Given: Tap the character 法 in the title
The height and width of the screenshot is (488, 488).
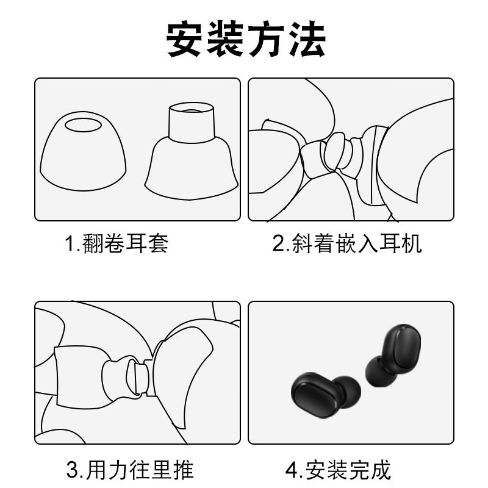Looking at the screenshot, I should tap(305, 40).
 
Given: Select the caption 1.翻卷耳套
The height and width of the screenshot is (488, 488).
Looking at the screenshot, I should tap(117, 244).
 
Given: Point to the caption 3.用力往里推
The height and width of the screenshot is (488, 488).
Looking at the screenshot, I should tap(130, 470).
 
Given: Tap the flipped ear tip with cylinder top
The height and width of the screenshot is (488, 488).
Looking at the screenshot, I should tap(190, 149).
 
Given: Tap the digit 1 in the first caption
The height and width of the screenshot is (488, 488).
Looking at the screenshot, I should tap(70, 244).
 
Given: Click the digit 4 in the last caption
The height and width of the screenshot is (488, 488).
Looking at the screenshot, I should tap(291, 470).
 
